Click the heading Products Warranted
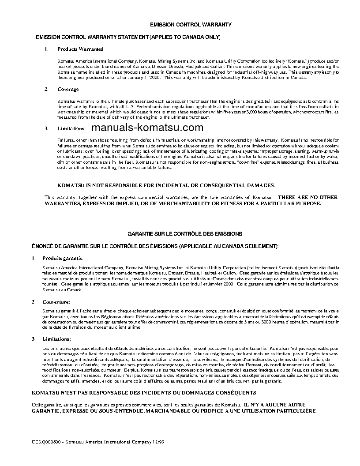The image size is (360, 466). (80, 49)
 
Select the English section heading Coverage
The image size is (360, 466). (68, 90)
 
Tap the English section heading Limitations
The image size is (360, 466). (71, 128)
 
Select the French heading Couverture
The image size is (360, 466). (56, 302)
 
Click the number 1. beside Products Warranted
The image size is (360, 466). (46, 49)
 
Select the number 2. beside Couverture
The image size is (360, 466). (34, 302)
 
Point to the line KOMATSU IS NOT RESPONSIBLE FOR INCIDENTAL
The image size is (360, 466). (166, 185)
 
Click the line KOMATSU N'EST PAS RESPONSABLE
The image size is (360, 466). (144, 392)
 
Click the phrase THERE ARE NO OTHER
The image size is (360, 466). (307, 197)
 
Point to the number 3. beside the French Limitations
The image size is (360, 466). (34, 339)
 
